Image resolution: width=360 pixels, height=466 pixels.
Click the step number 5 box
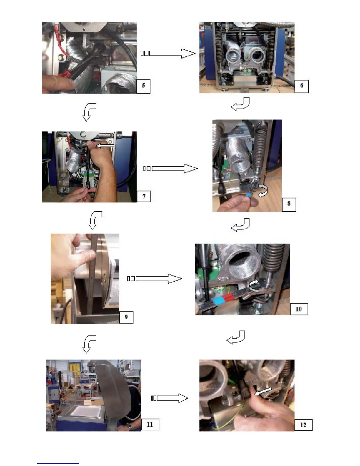click(144, 86)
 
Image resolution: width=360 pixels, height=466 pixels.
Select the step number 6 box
click(301, 86)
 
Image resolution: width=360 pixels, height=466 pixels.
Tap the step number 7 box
click(144, 196)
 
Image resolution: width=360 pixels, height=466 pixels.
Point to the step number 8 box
click(289, 204)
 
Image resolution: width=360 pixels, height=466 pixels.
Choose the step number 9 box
click(126, 317)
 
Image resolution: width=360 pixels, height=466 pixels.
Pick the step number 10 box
click(299, 309)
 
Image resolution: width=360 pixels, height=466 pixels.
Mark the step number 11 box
click(150, 425)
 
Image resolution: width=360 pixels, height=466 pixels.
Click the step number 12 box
click(303, 425)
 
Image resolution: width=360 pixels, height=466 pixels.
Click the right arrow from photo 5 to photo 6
click(168, 53)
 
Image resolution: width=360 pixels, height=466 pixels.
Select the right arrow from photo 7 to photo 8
click(171, 169)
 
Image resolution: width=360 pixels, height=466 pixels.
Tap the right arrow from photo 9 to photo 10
click(155, 279)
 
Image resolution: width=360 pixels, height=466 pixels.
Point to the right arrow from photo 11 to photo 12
click(169, 398)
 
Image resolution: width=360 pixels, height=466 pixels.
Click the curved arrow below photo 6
click(241, 104)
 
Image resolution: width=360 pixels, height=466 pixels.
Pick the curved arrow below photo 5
click(89, 112)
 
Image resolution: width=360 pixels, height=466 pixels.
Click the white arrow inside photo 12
click(263, 391)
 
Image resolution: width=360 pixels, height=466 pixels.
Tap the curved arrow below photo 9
click(89, 344)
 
